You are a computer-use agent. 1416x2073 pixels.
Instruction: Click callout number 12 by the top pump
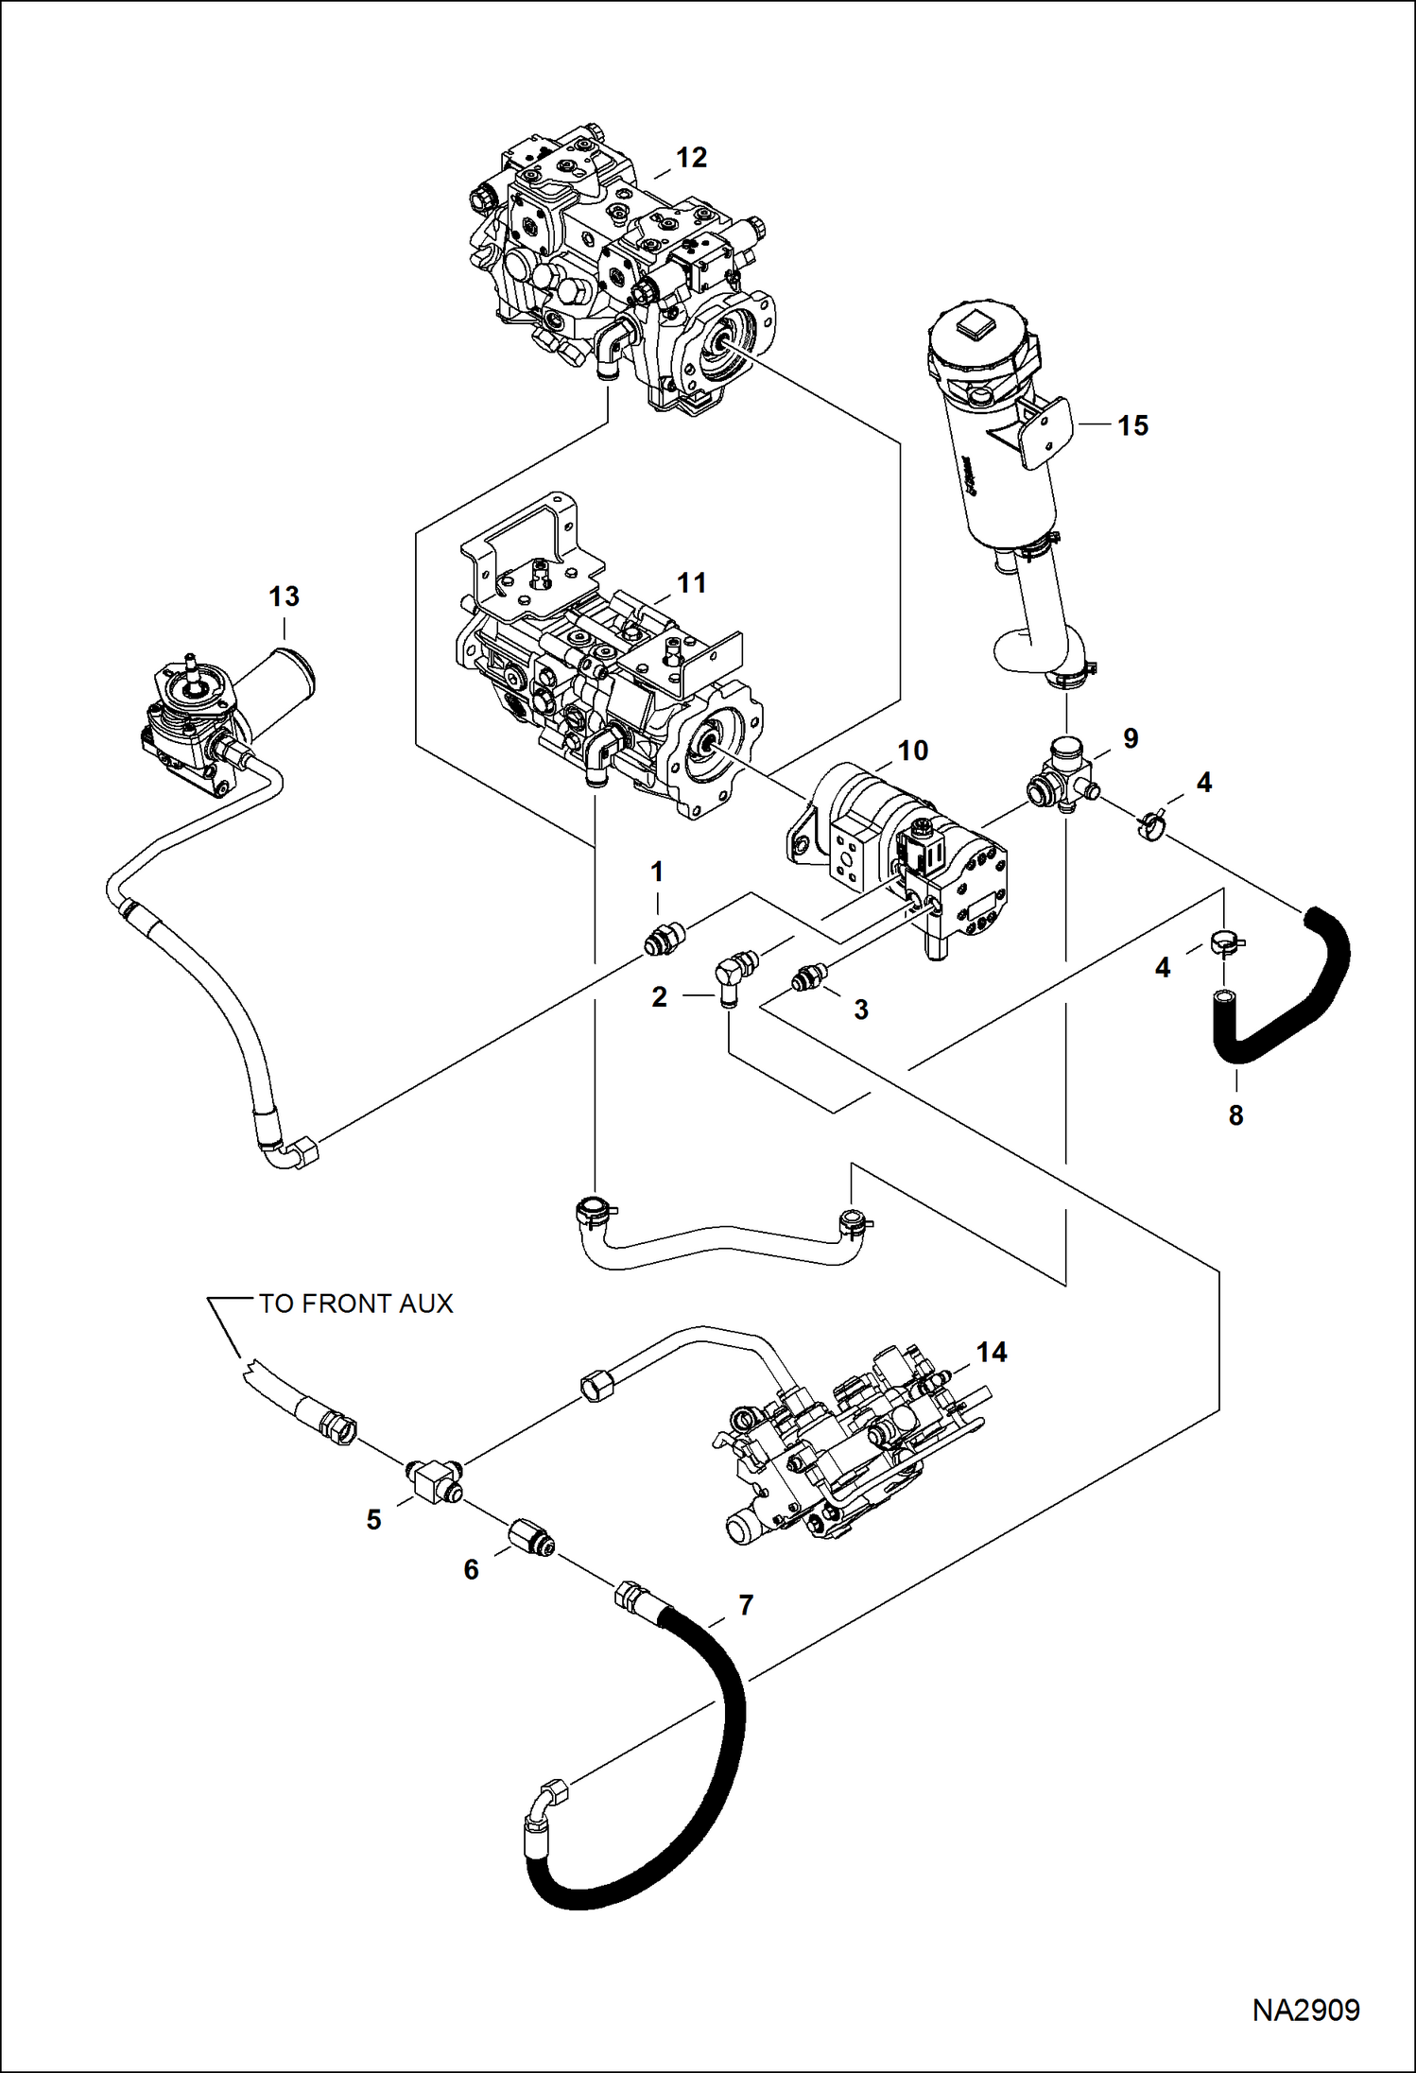(692, 158)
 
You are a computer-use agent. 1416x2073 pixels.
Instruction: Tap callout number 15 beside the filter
(1132, 425)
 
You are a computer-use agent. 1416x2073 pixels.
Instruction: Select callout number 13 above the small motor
(284, 596)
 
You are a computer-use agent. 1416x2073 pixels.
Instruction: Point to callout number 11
(692, 583)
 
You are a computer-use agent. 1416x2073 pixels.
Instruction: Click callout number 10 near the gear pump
(912, 751)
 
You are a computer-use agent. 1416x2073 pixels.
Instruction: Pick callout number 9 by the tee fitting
(1131, 738)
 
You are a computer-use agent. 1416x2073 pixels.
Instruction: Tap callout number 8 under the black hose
(1235, 1115)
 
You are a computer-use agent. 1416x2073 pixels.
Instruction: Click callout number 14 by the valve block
(992, 1353)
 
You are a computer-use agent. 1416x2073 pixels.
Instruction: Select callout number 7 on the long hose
(746, 1605)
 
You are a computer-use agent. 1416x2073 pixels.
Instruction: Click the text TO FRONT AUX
(356, 1304)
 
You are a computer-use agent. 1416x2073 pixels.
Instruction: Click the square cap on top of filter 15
(974, 331)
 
